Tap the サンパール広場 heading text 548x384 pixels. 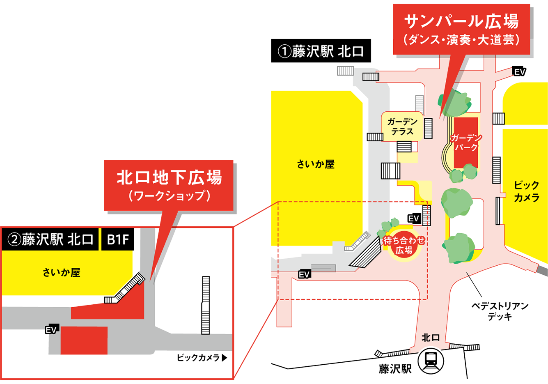[x=462, y=21]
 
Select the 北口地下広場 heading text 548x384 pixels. [x=169, y=177]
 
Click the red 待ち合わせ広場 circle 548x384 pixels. [x=404, y=245]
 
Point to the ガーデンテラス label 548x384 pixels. [x=402, y=126]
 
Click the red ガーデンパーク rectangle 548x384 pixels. [x=466, y=143]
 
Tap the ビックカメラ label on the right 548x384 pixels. [x=526, y=191]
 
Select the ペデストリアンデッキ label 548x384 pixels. [x=500, y=311]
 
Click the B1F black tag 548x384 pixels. [x=118, y=239]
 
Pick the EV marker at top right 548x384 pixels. [x=519, y=72]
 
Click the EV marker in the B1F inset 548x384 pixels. [x=51, y=329]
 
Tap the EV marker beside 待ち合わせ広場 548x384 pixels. [x=413, y=218]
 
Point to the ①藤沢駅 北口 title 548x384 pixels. [x=321, y=52]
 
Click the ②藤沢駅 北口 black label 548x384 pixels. [x=50, y=239]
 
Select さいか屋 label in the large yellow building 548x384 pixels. [x=316, y=164]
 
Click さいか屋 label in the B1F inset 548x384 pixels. [x=62, y=272]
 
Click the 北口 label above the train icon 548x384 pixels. [x=431, y=338]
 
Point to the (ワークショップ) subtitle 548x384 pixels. [x=170, y=196]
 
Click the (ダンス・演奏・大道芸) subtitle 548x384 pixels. [x=462, y=40]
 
